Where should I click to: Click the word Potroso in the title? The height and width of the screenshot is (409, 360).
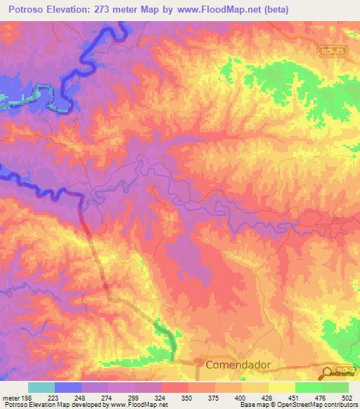coord(27,10)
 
